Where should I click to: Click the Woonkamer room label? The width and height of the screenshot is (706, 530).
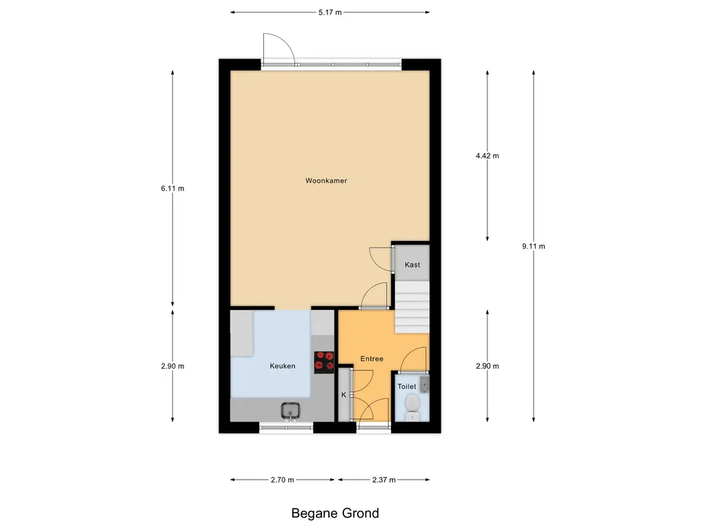pos(326,181)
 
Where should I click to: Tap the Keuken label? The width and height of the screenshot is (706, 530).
pos(282,366)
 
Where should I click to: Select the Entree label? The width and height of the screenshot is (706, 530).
pos(372,359)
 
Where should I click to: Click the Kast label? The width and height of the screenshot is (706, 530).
pos(412,265)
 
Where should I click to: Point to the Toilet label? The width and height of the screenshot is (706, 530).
pos(407,386)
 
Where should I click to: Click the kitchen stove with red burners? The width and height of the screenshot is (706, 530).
pos(324,362)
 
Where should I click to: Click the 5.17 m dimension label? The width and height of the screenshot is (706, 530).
pos(330,12)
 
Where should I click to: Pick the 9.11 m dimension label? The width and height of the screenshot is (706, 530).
pos(534,246)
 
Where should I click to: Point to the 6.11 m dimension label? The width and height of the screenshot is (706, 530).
pos(172,188)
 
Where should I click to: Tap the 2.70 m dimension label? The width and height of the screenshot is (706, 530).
pos(283,480)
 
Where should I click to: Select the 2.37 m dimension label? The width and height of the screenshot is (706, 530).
pos(384,480)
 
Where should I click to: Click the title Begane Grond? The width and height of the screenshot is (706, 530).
pos(335,513)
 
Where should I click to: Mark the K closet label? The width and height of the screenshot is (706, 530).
pos(343,395)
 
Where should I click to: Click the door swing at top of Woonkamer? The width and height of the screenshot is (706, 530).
pos(279,49)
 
